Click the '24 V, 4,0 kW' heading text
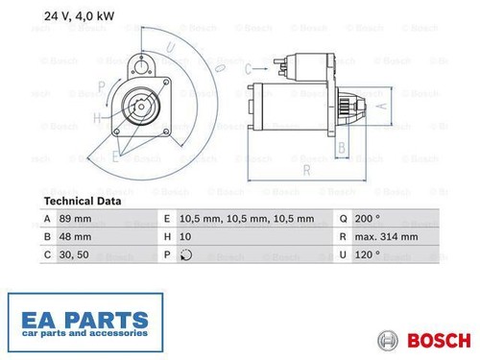tap(79, 16)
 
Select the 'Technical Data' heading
tap(83, 202)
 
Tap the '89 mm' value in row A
tap(75, 219)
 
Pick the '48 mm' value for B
tap(75, 237)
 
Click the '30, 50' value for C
tap(74, 254)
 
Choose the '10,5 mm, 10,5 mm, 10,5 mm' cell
tap(247, 219)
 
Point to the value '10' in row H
tap(185, 237)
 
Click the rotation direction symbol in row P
tap(186, 255)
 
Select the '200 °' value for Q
tap(368, 219)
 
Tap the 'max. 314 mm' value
tap(386, 237)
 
